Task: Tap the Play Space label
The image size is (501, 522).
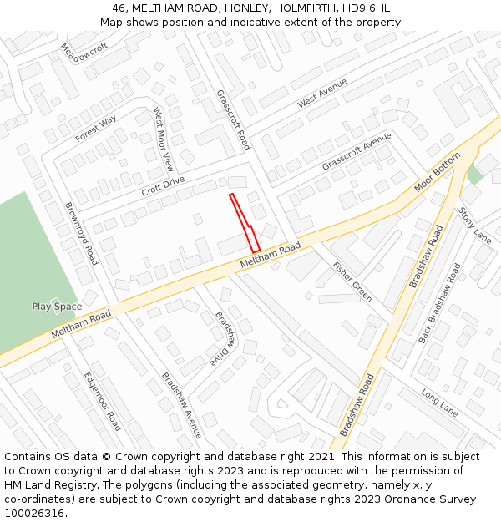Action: tap(57, 307)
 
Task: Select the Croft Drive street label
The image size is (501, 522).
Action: tap(163, 185)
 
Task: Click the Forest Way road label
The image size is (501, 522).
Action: tap(96, 128)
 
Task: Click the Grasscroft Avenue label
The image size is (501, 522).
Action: tap(357, 151)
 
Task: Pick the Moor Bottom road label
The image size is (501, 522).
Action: tap(438, 172)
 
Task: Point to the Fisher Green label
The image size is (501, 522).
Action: tap(352, 281)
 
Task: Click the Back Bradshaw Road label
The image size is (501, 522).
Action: tap(439, 304)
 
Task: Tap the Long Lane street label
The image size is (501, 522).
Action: tap(439, 403)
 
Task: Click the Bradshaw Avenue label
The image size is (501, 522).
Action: tap(182, 405)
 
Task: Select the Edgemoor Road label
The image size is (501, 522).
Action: tap(103, 401)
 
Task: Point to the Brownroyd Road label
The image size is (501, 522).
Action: tap(81, 233)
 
